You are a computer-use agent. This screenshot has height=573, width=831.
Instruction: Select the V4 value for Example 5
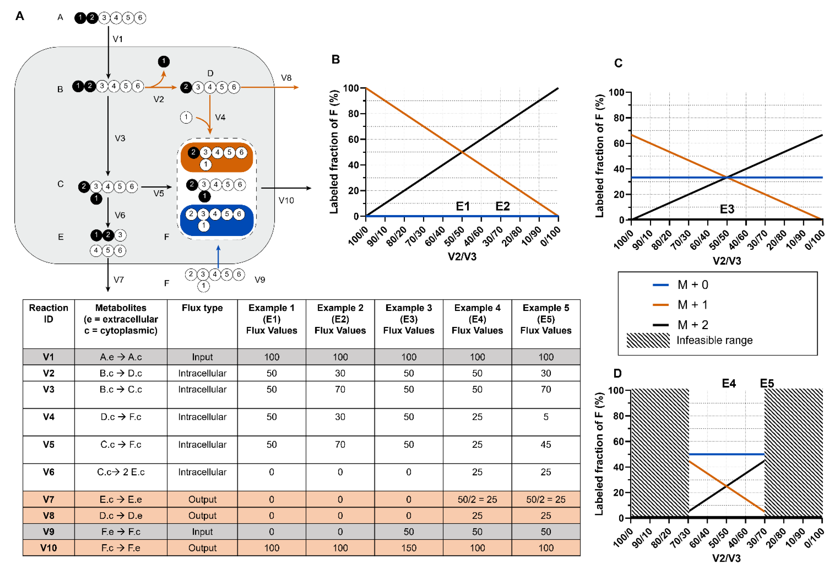click(546, 417)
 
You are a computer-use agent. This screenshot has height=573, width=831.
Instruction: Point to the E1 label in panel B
click(463, 207)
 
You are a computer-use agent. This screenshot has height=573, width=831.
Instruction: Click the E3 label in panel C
click(727, 209)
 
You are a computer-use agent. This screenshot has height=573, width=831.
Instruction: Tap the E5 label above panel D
click(767, 383)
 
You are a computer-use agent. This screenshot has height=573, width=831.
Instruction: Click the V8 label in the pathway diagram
click(286, 78)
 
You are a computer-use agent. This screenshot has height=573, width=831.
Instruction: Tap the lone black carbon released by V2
click(164, 61)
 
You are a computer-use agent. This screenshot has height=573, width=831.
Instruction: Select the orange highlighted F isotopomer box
click(217, 157)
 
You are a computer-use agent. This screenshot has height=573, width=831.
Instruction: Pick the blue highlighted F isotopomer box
click(217, 220)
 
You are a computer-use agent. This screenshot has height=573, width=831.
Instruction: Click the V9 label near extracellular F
click(260, 280)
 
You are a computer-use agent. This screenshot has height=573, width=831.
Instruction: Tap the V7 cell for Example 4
click(477, 499)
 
